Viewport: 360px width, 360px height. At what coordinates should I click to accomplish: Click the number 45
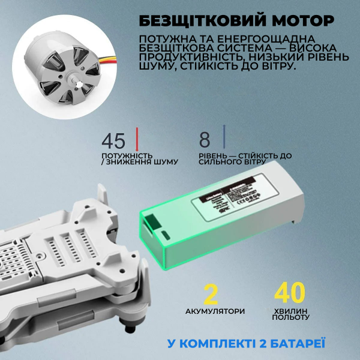pyautogui.click(x=113, y=141)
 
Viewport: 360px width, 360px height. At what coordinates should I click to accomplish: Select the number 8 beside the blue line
pyautogui.click(x=205, y=140)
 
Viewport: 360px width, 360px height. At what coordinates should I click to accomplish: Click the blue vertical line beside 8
pyautogui.click(x=224, y=137)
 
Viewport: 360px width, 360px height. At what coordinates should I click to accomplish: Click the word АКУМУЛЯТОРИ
pyautogui.click(x=215, y=311)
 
